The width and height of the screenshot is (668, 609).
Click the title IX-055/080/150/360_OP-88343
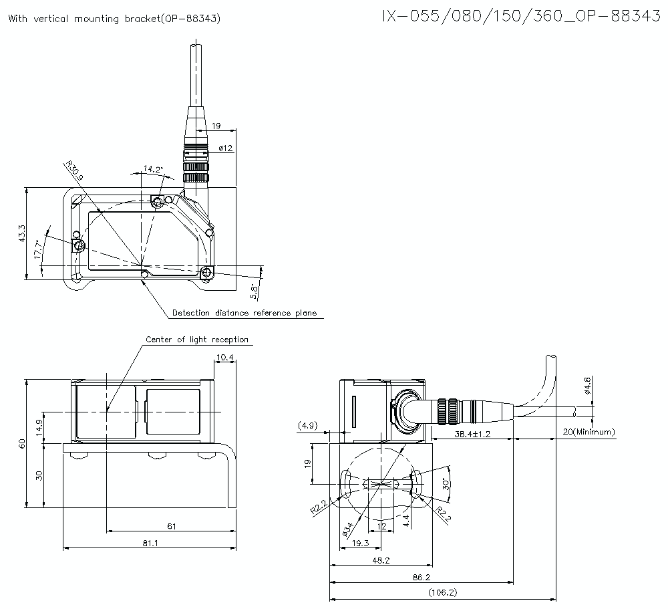(x=520, y=16)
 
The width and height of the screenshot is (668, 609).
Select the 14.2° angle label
(x=154, y=169)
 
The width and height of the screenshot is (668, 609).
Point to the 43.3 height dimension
(x=22, y=233)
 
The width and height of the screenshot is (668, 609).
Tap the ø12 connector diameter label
(x=225, y=148)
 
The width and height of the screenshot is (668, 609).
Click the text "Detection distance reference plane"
(x=244, y=313)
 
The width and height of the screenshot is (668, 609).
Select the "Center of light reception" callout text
(x=197, y=340)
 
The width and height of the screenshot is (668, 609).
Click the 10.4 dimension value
(x=226, y=358)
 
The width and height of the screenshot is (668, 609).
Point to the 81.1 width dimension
(x=150, y=543)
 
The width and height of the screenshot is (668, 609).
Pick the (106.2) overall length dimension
(x=442, y=592)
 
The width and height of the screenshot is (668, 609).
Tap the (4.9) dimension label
(x=309, y=425)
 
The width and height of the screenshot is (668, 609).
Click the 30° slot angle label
(x=446, y=484)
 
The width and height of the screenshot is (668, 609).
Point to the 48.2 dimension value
(x=381, y=560)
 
